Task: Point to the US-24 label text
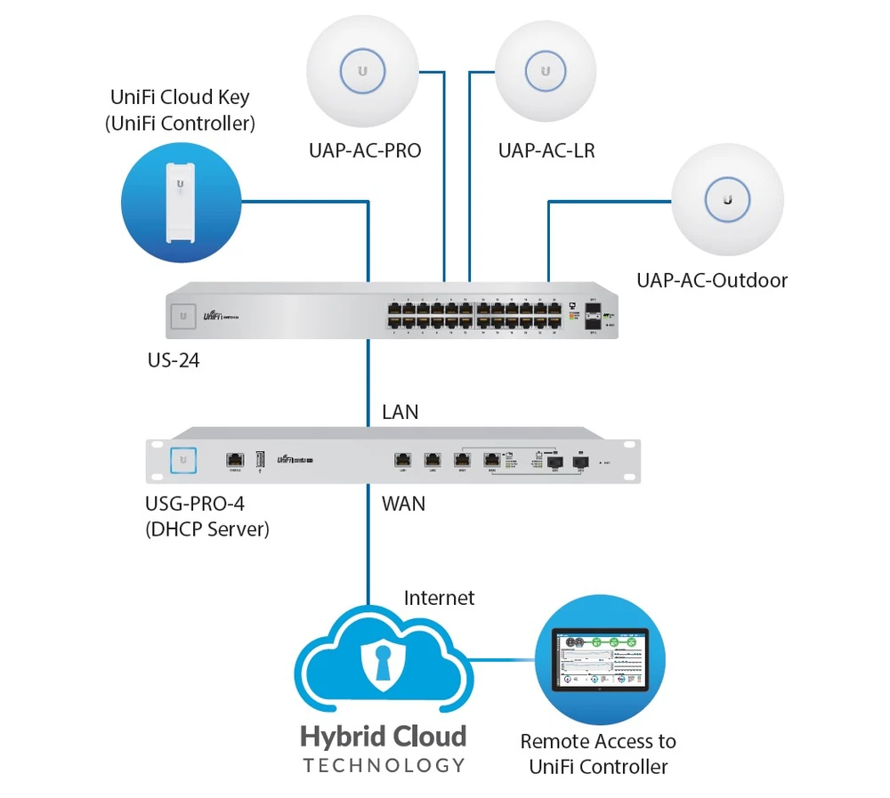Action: tap(174, 362)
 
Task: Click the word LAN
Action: tap(400, 413)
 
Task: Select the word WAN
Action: tap(403, 504)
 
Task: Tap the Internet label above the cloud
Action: tap(439, 598)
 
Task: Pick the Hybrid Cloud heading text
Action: tap(383, 737)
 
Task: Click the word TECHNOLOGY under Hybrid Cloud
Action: tap(384, 765)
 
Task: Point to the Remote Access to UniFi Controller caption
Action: tap(598, 754)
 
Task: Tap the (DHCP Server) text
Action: tap(206, 529)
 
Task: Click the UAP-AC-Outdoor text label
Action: tap(712, 281)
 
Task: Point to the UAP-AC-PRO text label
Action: tap(365, 151)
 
